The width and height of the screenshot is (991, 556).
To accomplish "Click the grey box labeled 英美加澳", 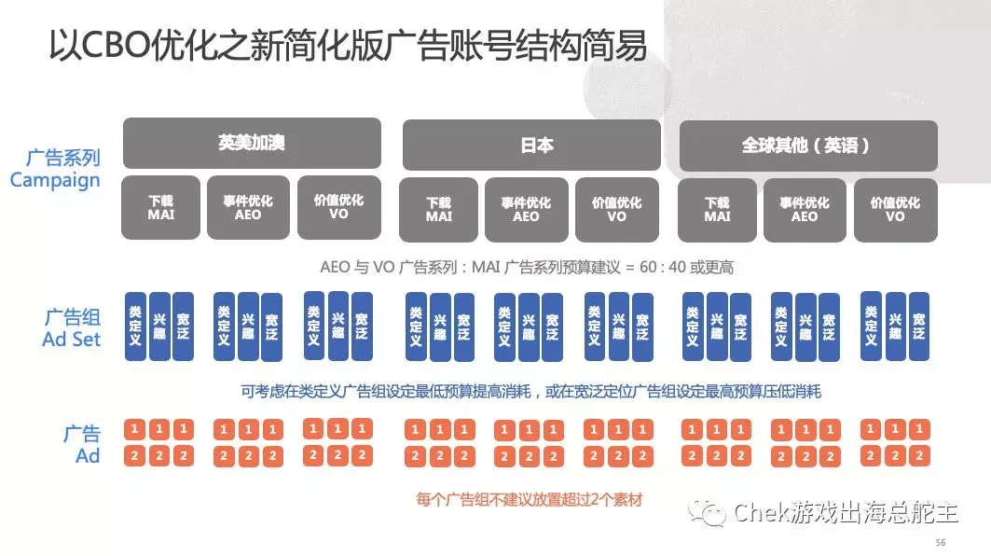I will coord(252,143).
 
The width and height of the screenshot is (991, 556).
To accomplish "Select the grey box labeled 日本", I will coord(531,145).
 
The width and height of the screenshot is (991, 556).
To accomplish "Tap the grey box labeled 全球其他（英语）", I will coord(806,146).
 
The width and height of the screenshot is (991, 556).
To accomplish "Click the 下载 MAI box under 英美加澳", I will coord(160,207).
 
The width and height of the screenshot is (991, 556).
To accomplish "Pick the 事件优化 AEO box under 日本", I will coord(526,209).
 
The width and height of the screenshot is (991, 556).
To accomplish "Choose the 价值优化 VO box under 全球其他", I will coord(894,209).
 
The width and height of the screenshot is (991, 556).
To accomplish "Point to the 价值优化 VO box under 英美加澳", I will coord(339,207).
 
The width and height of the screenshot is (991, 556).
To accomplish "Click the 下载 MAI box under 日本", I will coord(438,209).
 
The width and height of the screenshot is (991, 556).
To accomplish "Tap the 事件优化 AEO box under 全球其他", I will coord(804,209).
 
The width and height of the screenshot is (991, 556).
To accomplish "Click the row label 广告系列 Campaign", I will coord(56,169).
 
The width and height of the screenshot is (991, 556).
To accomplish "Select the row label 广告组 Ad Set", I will coord(72,327).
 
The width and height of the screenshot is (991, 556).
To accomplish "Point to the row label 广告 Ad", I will coord(83,445).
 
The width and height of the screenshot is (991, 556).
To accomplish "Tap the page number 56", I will coord(940,542).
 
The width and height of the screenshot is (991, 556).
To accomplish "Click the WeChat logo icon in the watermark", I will coord(709,512).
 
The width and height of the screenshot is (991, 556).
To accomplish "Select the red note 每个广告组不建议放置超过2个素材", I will coord(529,500).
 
